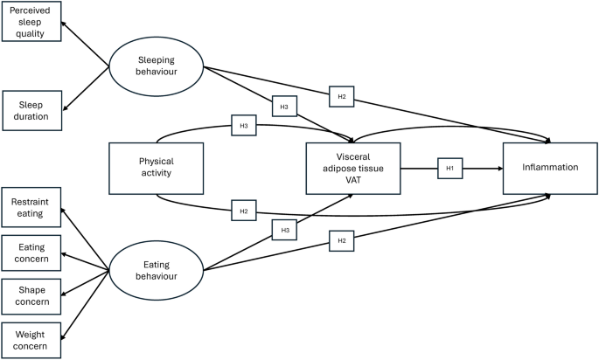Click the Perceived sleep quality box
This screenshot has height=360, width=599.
click(31, 21)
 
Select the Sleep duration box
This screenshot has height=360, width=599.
click(32, 111)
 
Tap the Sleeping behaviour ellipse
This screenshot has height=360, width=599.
click(157, 66)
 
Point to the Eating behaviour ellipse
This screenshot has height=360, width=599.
click(157, 270)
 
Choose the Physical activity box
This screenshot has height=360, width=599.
click(157, 169)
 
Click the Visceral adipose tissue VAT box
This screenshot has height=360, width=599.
click(353, 169)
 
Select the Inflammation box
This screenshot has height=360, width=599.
click(550, 169)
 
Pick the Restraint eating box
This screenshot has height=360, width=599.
click(31, 207)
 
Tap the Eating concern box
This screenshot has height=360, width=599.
click(31, 253)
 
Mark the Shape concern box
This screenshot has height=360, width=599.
click(31, 296)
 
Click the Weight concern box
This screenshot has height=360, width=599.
click(31, 341)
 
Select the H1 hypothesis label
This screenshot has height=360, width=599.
click(450, 169)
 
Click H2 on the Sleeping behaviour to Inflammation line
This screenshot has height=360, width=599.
click(342, 97)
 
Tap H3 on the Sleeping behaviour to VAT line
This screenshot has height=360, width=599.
click(284, 106)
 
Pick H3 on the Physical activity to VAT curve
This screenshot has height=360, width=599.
click(244, 125)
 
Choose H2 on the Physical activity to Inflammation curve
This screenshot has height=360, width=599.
click(244, 211)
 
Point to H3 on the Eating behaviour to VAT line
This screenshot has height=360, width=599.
click(284, 230)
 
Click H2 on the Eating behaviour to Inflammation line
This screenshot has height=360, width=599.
click(342, 241)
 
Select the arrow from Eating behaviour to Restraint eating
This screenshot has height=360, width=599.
click(85, 239)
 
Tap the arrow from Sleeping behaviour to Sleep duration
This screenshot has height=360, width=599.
click(86, 88)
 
